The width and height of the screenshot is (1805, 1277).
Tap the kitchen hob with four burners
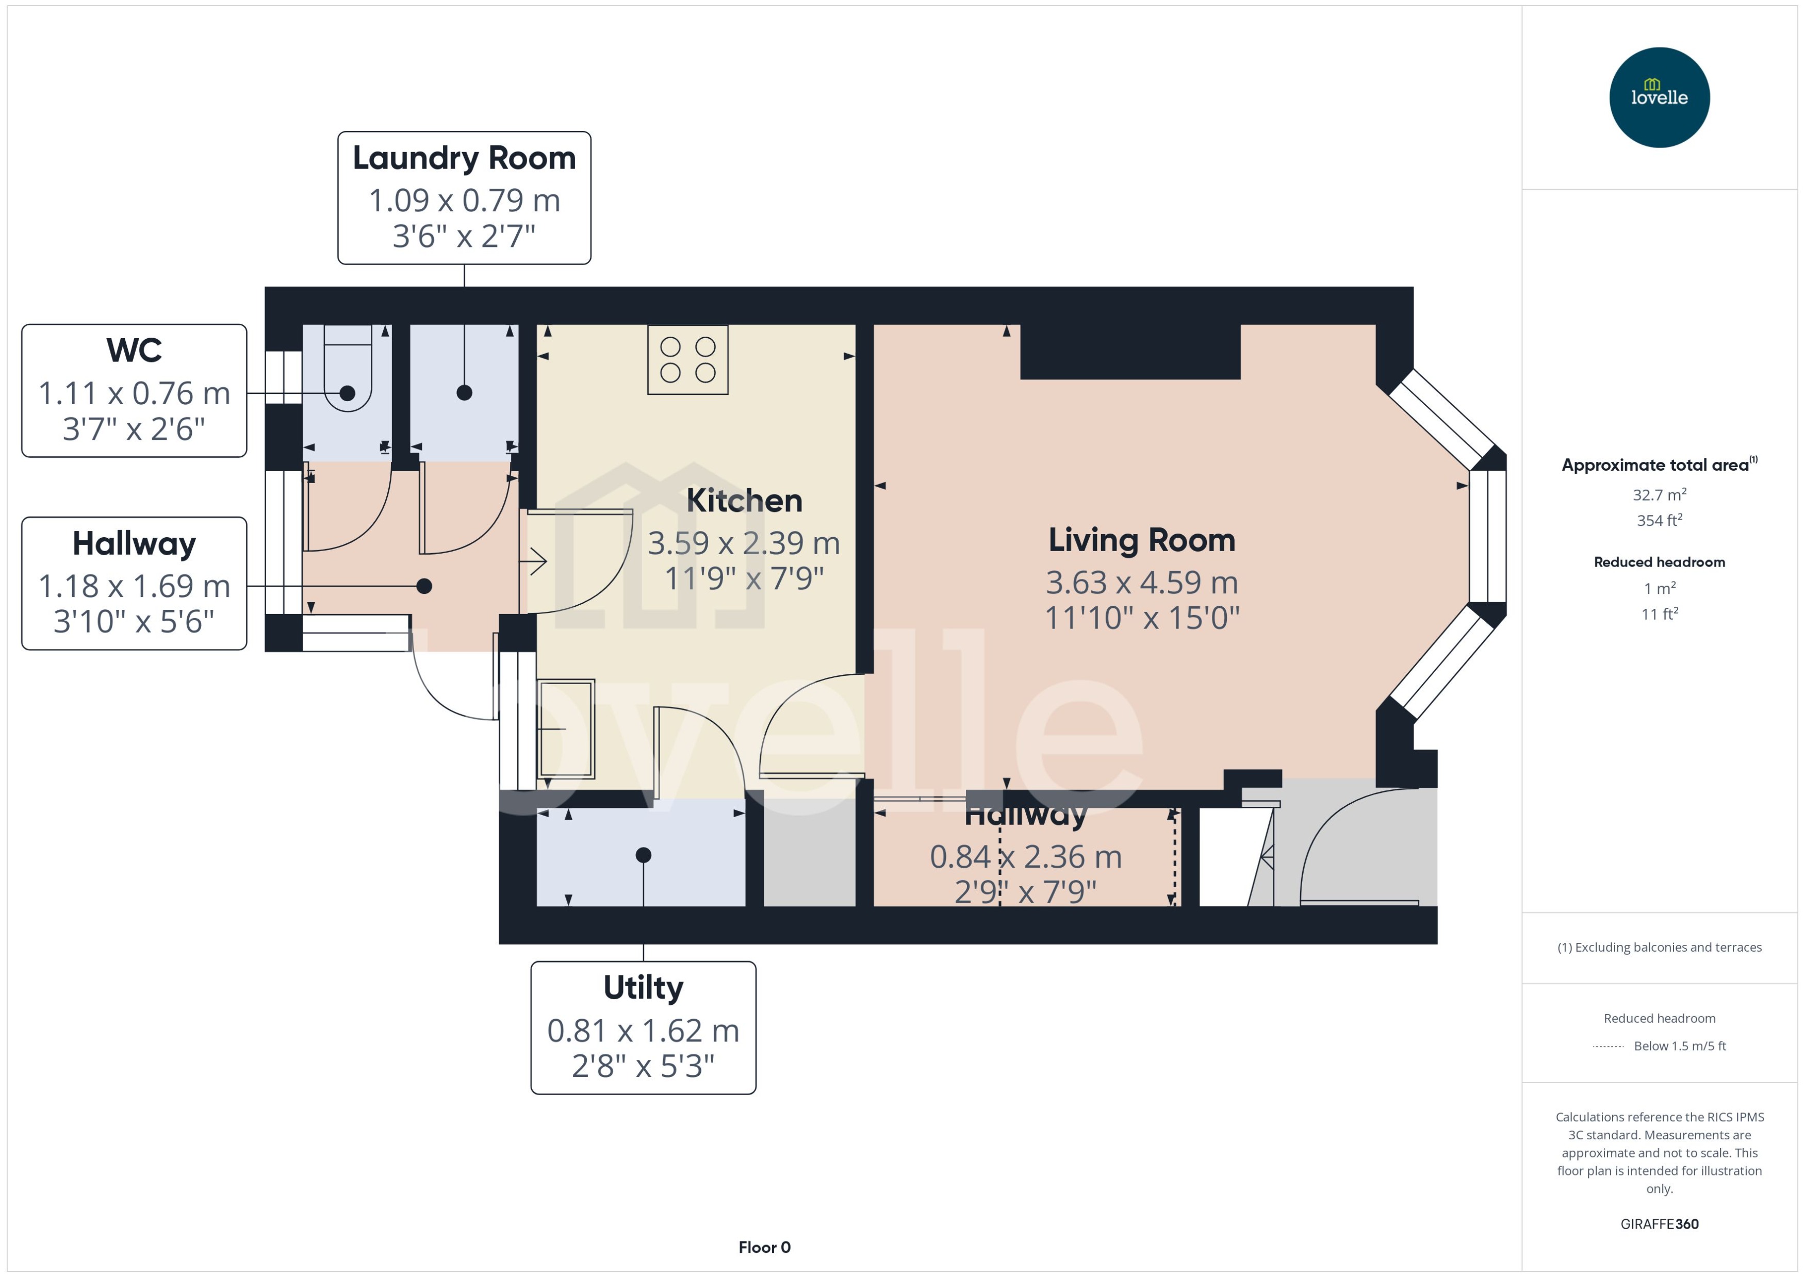(x=687, y=359)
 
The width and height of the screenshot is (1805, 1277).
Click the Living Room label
(x=1141, y=540)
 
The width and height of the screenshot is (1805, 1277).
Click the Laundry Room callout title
(x=464, y=158)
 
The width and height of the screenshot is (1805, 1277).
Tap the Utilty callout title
(x=643, y=988)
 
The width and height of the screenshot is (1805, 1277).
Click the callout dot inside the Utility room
(x=643, y=855)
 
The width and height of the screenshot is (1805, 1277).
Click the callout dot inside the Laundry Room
(x=464, y=392)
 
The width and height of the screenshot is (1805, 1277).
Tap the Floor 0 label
(x=764, y=1247)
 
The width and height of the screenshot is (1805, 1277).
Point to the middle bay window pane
(x=1487, y=536)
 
